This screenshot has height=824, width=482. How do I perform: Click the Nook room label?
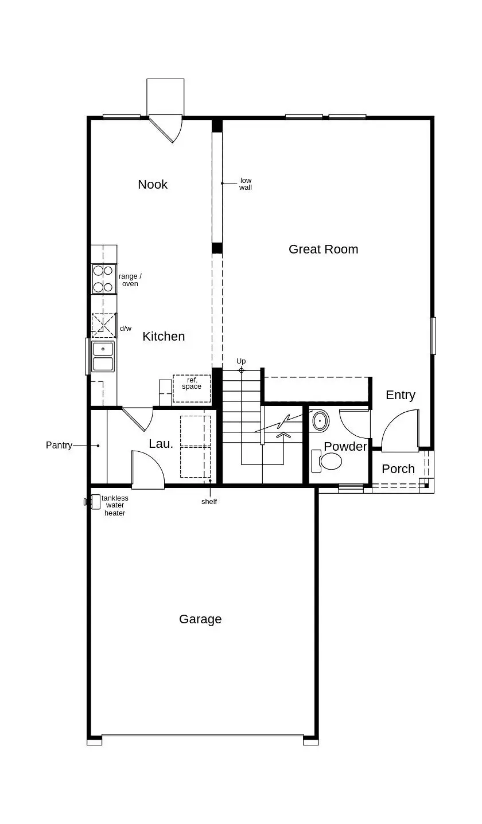click(x=153, y=184)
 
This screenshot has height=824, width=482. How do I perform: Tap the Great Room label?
click(x=323, y=249)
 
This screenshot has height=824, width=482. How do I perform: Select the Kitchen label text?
click(x=164, y=337)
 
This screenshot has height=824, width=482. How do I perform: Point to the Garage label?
click(x=200, y=619)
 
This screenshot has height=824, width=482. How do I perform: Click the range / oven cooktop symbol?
click(x=104, y=279)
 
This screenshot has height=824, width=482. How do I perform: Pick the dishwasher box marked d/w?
click(x=104, y=325)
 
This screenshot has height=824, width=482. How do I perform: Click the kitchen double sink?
click(x=103, y=356)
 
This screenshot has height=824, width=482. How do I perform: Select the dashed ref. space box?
click(x=192, y=388)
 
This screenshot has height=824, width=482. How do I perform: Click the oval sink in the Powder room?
click(x=320, y=421)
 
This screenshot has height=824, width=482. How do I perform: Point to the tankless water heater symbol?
click(x=95, y=502)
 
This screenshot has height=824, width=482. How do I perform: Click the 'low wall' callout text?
click(x=246, y=184)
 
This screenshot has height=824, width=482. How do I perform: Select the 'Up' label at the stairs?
click(x=241, y=361)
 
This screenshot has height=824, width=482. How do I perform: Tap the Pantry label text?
click(x=59, y=445)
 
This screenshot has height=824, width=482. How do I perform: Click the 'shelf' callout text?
click(x=209, y=502)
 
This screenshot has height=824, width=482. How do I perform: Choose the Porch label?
click(x=398, y=469)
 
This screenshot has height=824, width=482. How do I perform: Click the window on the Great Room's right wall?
click(x=433, y=335)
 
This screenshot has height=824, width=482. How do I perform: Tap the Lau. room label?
click(x=161, y=443)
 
